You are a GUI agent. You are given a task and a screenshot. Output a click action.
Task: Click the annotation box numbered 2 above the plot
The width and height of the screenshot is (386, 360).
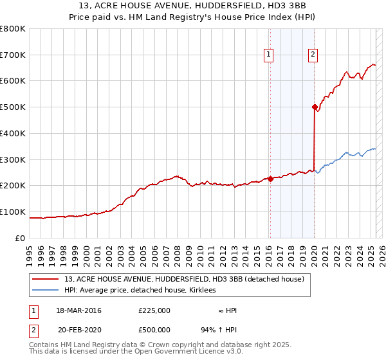313,55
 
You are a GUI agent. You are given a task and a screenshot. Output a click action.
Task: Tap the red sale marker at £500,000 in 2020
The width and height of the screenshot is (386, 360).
315,107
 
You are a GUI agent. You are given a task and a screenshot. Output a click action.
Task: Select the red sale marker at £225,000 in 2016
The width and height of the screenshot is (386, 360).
270,179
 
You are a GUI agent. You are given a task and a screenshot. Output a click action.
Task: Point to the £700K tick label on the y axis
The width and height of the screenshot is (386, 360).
13,55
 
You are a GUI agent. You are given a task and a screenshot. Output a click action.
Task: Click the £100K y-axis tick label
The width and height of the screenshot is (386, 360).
13,212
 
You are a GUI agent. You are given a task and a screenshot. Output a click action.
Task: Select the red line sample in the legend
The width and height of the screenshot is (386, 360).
45,279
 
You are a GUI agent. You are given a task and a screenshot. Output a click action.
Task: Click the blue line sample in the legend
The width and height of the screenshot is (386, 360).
45,291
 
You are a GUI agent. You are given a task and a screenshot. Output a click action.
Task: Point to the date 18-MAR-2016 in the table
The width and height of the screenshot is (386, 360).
78,310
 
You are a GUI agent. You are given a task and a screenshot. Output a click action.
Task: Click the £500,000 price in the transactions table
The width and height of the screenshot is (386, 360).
154,328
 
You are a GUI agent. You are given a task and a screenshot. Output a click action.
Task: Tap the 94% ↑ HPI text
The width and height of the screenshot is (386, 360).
219,328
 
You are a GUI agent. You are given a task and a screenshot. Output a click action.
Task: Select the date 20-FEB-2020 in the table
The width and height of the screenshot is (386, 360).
78,328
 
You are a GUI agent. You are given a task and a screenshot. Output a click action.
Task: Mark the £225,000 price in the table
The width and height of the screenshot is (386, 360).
154,310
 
